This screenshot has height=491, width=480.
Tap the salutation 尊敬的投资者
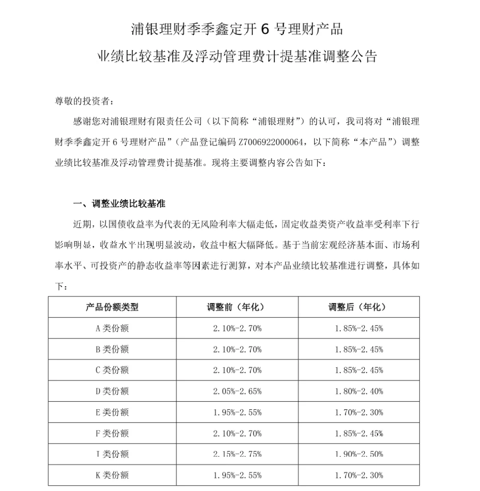(x=84, y=101)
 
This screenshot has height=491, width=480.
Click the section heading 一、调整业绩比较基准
(x=119, y=204)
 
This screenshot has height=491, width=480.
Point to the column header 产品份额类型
(x=112, y=307)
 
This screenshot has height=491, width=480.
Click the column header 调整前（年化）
(x=237, y=307)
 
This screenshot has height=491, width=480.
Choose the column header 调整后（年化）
(x=359, y=307)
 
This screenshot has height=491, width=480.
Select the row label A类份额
(x=112, y=329)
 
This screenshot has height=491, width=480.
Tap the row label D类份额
(x=112, y=391)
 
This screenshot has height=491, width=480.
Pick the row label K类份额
(x=112, y=475)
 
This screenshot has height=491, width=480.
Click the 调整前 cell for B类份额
(x=237, y=350)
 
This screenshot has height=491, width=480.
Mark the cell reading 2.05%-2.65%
(x=237, y=391)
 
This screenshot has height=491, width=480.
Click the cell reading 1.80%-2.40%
(x=359, y=391)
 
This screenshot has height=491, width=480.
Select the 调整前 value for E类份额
(x=237, y=412)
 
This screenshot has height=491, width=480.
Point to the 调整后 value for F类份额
(x=359, y=433)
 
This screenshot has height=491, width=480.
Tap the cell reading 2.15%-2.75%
(x=237, y=454)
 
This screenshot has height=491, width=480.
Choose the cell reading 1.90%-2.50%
(x=359, y=454)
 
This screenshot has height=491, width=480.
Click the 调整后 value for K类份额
(x=359, y=475)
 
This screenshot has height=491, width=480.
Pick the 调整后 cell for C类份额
(x=359, y=370)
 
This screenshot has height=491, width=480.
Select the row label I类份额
(x=112, y=454)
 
